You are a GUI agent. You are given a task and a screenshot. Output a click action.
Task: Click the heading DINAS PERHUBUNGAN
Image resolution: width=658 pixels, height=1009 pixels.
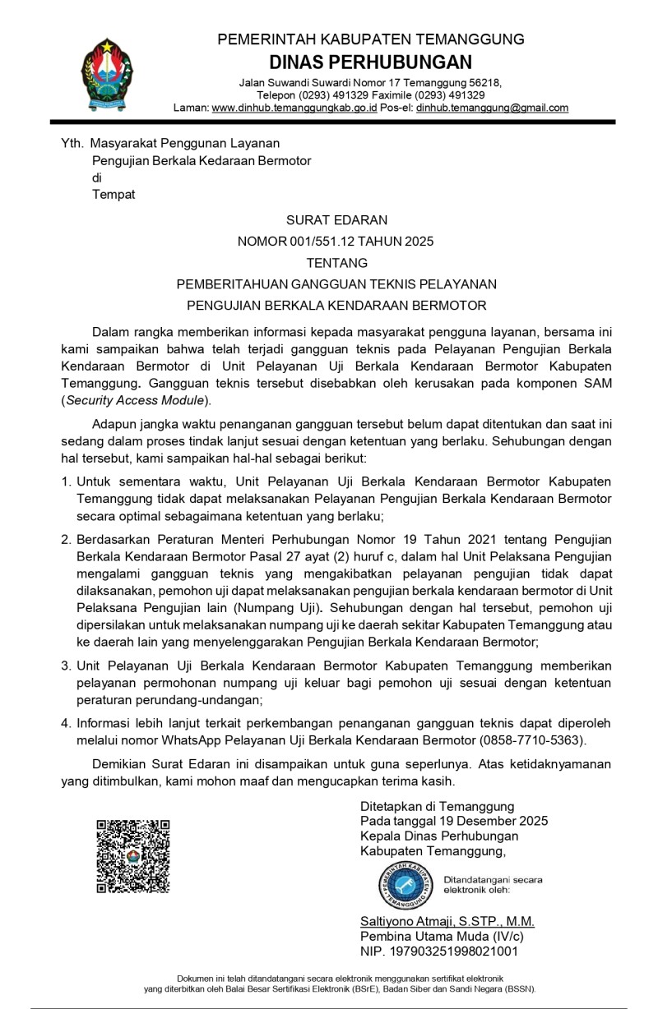click(x=370, y=62)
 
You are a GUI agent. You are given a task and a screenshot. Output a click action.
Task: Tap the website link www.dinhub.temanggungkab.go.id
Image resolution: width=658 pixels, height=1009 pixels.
click(x=294, y=108)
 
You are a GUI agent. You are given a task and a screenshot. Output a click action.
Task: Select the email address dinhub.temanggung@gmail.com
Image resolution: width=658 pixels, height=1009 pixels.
click(x=492, y=108)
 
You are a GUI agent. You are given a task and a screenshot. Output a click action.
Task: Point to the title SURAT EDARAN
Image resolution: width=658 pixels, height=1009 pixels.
click(x=336, y=219)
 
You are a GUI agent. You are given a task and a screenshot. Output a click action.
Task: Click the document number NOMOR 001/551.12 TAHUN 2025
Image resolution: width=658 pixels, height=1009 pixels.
click(x=336, y=242)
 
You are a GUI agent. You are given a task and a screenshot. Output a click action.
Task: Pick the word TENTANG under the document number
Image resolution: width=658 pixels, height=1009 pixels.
click(x=336, y=263)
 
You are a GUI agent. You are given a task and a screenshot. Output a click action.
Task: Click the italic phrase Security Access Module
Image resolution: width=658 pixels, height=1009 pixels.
click(x=135, y=400)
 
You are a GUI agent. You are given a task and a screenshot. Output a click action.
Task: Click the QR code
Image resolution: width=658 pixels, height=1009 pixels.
click(x=133, y=855)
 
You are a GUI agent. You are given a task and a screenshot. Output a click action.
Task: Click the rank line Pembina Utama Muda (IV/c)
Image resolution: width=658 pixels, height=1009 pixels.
click(x=442, y=936)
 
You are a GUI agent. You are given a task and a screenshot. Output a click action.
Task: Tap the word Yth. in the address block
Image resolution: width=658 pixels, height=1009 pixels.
click(x=72, y=142)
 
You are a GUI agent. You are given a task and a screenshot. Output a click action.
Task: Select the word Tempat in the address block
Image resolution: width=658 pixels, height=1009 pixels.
click(x=114, y=195)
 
